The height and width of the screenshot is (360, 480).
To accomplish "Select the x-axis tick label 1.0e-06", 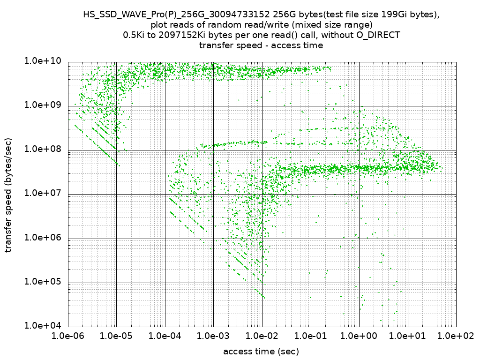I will click(68, 336).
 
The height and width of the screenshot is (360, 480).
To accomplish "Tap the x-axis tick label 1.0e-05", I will click(116, 336).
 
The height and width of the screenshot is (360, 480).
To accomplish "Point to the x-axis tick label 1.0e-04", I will click(165, 336).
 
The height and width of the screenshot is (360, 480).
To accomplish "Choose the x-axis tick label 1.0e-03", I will click(213, 336).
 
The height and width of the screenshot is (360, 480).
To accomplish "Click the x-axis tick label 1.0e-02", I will click(262, 336).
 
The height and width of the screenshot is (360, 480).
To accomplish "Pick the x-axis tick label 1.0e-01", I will click(310, 336).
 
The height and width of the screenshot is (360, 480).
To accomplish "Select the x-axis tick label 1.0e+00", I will click(359, 336).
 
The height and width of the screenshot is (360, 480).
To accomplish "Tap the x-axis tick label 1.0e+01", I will click(407, 336).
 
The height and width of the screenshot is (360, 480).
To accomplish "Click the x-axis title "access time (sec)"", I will click(261, 352).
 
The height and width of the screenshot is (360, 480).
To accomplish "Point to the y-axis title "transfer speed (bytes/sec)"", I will click(9, 194).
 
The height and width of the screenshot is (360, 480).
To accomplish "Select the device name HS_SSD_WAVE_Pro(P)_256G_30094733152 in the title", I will click(177, 15).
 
